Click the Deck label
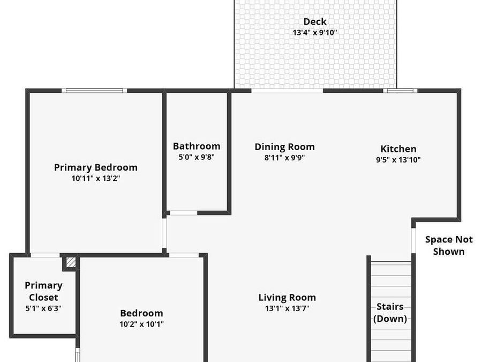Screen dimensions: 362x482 click(315, 21)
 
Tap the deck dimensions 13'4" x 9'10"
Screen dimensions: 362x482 click(315, 33)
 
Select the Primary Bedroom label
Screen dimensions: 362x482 click(96, 167)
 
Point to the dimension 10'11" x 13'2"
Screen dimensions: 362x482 click(96, 179)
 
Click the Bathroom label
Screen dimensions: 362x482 click(197, 146)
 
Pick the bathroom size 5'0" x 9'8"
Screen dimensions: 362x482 click(197, 157)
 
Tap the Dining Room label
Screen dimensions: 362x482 click(284, 146)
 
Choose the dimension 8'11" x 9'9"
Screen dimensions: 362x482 click(284, 158)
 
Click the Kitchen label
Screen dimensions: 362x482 click(398, 149)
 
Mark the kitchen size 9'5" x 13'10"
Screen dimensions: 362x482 click(398, 159)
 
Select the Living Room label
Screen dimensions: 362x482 click(287, 297)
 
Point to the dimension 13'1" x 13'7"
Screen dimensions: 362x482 click(287, 308)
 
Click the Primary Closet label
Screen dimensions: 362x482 click(43, 291)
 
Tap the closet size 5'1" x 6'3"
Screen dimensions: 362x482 click(43, 308)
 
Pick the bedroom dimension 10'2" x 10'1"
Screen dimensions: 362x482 click(141, 324)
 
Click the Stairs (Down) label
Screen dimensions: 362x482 click(390, 313)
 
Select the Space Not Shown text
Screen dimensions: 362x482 click(449, 245)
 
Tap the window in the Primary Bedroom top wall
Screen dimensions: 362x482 click(94, 91)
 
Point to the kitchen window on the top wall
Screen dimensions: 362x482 click(400, 91)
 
